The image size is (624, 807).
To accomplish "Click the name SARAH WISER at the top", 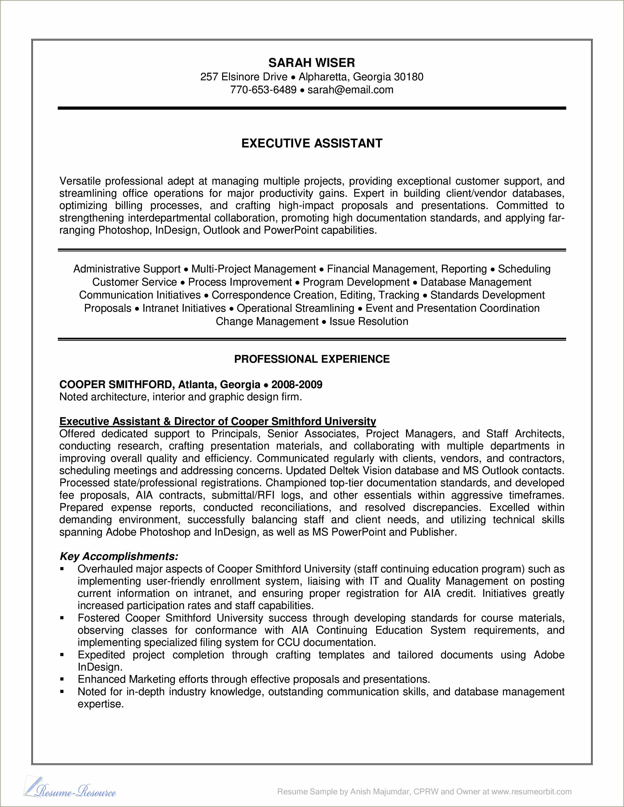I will pyautogui.click(x=312, y=63).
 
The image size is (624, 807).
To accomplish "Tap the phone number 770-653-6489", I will pyautogui.click(x=263, y=90).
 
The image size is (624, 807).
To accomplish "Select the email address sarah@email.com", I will pyautogui.click(x=350, y=90).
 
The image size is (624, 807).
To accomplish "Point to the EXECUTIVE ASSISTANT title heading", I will pyautogui.click(x=312, y=143).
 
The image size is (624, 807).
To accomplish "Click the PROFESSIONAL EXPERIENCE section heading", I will pyautogui.click(x=312, y=359).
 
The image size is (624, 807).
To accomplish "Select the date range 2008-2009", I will pyautogui.click(x=297, y=385).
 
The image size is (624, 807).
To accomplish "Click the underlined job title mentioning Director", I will pyautogui.click(x=217, y=421).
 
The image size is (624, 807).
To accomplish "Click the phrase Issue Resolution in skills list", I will pyautogui.click(x=368, y=321).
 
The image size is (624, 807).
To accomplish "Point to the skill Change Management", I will pyautogui.click(x=267, y=321).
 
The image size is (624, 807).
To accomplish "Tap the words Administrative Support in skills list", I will pyautogui.click(x=127, y=269).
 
